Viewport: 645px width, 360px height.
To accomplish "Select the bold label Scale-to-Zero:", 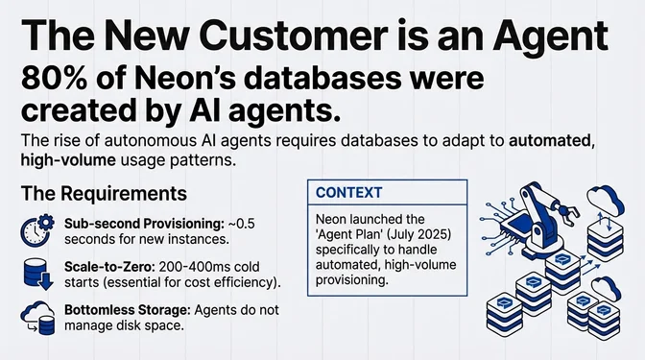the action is click(x=107, y=266).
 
